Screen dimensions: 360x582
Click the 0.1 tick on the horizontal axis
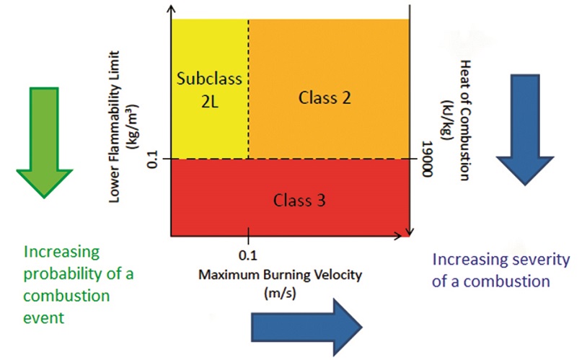click(247, 254)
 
